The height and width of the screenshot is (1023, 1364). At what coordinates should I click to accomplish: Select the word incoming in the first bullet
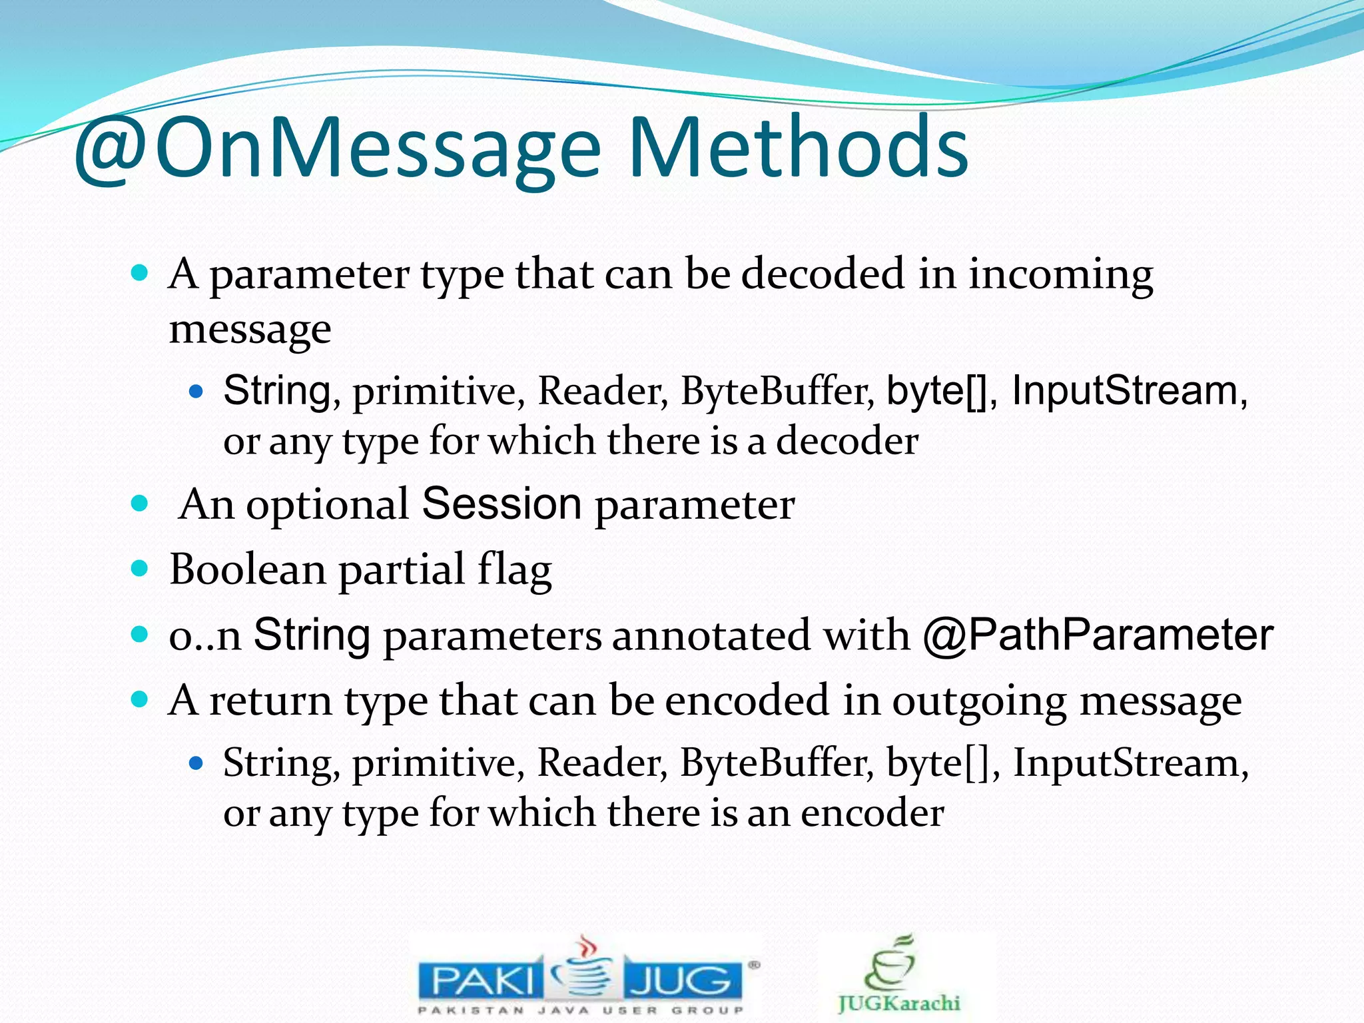(1060, 276)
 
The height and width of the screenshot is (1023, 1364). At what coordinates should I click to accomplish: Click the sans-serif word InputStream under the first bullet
(1125, 391)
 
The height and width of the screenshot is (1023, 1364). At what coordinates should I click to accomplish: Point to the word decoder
(847, 442)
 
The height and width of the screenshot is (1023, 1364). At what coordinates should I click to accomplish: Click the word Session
(502, 504)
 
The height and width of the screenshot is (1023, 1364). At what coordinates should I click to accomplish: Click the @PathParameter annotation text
(1098, 635)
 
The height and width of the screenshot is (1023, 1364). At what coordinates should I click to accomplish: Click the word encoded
(748, 701)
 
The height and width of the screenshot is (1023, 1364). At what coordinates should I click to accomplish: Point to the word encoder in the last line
(872, 813)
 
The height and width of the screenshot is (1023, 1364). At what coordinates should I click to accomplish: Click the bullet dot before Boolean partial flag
(139, 569)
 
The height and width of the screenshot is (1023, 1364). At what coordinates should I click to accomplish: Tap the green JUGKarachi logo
(898, 976)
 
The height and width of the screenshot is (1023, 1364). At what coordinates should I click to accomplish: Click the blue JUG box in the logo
(683, 980)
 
